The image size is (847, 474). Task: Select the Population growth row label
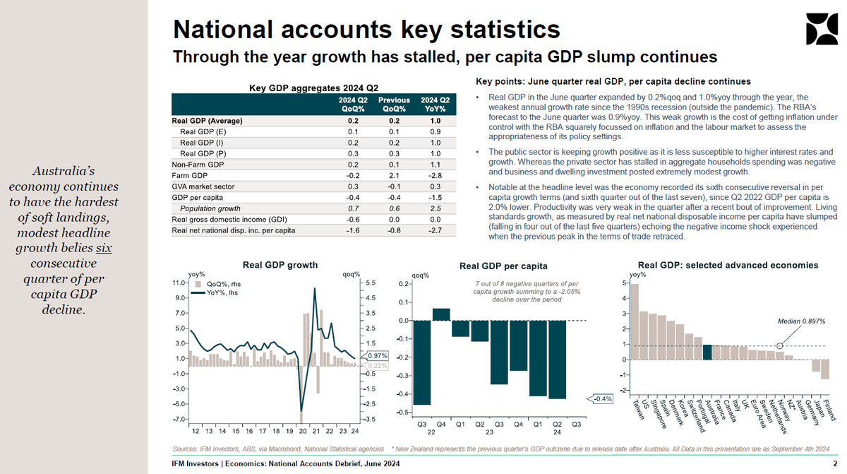point(210,208)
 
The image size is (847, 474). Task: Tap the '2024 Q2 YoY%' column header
point(435,105)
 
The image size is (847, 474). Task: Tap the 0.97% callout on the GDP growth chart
point(378,355)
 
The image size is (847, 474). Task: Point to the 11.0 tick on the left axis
point(179,283)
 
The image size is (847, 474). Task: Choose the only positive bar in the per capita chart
point(440,314)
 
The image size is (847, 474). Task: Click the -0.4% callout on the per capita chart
point(602,399)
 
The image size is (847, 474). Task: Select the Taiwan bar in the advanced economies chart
point(634,321)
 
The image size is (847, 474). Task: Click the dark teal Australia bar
point(707,352)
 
